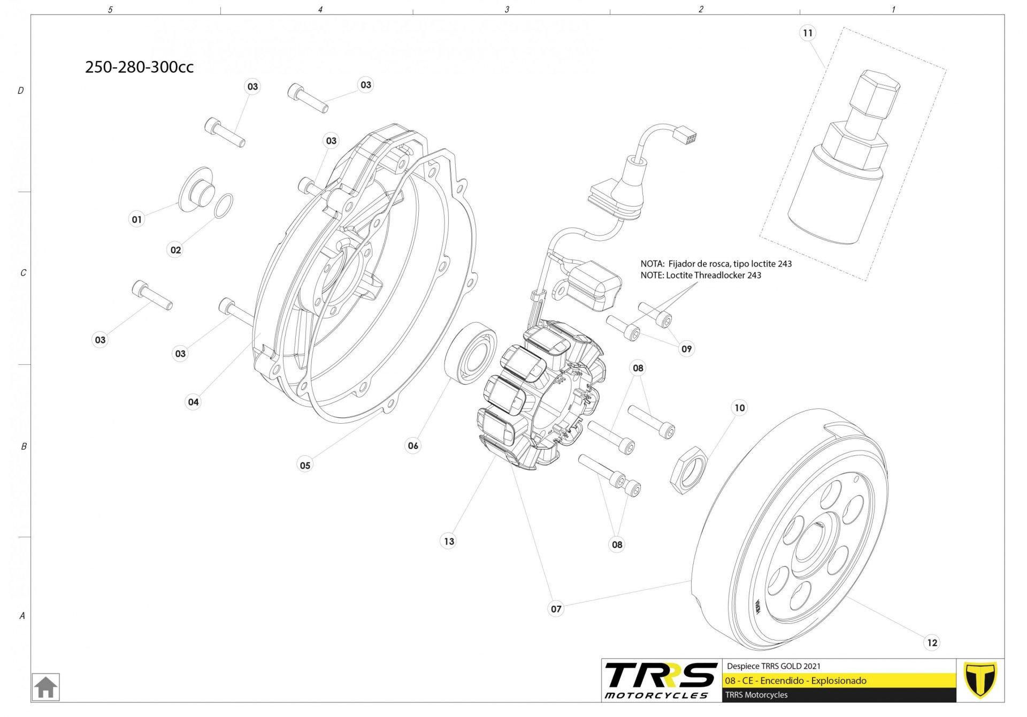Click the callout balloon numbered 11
(807, 33)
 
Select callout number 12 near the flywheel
(932, 643)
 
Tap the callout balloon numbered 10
(739, 408)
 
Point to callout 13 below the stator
(449, 541)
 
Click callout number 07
(556, 609)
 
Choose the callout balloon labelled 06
(413, 446)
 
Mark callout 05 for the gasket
(305, 466)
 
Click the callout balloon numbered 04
(193, 402)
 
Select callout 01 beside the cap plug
(137, 219)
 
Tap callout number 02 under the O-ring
(175, 250)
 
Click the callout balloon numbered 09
(686, 349)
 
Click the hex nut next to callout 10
(688, 470)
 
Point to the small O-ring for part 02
(224, 206)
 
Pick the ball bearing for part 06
(471, 353)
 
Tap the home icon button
(46, 687)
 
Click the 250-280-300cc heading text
(139, 67)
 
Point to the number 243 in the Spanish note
(785, 264)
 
